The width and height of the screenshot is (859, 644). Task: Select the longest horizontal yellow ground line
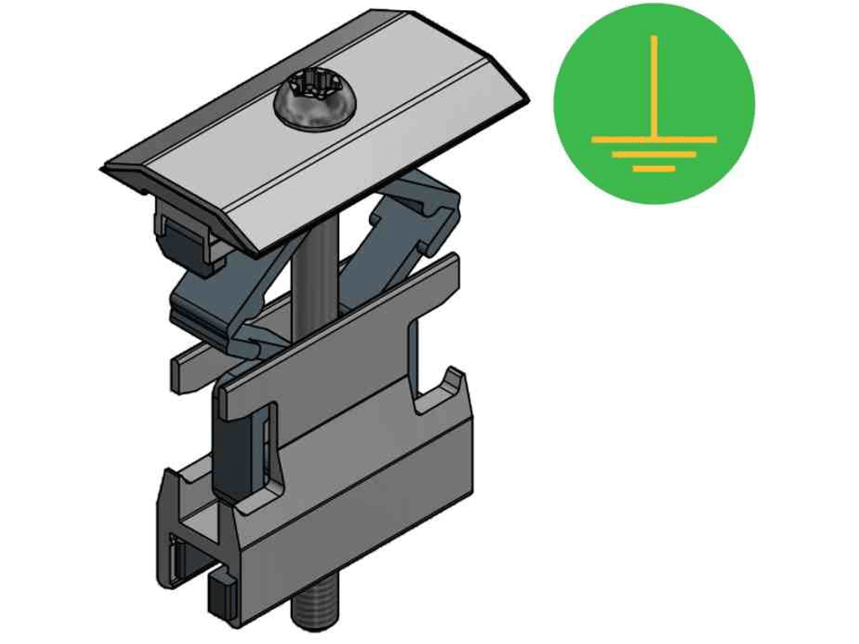[653, 138]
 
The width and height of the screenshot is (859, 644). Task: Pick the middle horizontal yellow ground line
[653, 154]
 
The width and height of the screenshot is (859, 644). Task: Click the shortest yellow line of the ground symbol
[653, 169]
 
